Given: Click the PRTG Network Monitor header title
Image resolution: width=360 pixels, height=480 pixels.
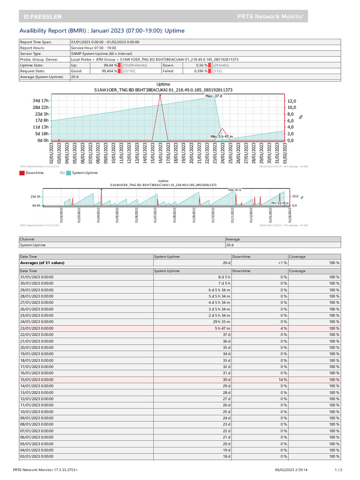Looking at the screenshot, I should pyautogui.click(x=271, y=16).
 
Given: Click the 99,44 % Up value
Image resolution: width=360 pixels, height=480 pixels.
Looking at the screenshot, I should pyautogui.click(x=110, y=65).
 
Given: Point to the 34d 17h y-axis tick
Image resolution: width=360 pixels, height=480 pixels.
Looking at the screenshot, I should pyautogui.click(x=40, y=101).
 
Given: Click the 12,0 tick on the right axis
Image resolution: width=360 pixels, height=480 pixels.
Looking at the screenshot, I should pyautogui.click(x=292, y=101).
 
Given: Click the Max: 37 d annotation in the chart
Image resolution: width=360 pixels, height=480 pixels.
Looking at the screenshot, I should pyautogui.click(x=214, y=96).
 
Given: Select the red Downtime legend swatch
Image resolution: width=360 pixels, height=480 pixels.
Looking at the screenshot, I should pyautogui.click(x=22, y=173).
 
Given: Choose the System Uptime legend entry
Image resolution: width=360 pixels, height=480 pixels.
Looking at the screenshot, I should pyautogui.click(x=85, y=173).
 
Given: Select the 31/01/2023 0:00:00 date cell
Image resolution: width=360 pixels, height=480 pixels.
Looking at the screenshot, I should pyautogui.click(x=37, y=277).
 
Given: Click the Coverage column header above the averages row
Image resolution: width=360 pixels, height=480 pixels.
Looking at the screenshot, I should pyautogui.click(x=298, y=256).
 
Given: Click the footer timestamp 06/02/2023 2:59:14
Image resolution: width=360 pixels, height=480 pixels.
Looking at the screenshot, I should pyautogui.click(x=291, y=469).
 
